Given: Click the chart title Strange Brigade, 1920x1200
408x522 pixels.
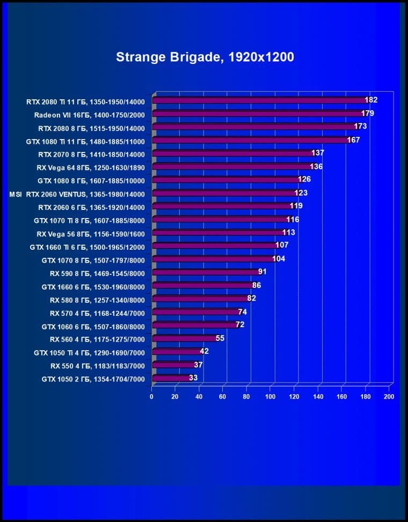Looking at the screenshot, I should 205,57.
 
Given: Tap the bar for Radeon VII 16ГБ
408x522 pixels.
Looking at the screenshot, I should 258,113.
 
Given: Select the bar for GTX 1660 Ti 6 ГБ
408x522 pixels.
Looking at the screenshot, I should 215,246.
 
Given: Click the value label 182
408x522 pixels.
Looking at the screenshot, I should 370,100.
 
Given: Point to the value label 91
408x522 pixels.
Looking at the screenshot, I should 262,272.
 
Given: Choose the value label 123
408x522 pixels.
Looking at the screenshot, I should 301,193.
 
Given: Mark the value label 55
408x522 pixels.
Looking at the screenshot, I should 220,338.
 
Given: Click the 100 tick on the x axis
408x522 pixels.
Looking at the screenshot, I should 270,397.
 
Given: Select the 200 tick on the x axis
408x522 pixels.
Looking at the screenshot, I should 389,397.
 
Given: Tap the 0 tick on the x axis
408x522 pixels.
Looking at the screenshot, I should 152,397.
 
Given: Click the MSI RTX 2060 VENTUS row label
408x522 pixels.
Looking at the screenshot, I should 77,193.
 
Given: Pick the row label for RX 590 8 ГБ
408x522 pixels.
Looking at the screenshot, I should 97,273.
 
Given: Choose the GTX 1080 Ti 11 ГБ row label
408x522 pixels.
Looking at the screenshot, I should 85,141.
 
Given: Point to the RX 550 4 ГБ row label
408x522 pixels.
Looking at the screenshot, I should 97,365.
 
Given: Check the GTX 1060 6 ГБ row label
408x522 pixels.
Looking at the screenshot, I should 93,326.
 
